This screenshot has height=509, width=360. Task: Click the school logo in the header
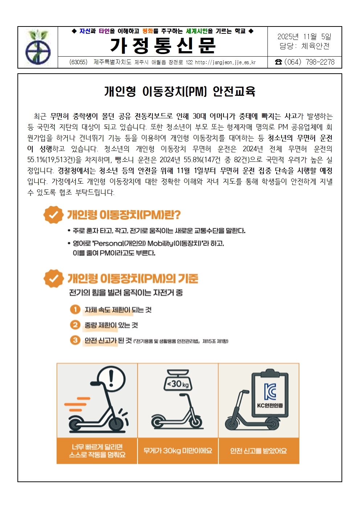38,47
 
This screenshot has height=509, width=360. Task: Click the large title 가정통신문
163,46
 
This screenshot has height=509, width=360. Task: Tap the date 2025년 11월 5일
304,37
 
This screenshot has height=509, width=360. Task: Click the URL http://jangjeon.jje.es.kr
225,62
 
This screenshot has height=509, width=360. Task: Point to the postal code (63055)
78,62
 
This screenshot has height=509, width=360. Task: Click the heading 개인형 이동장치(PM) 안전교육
180,91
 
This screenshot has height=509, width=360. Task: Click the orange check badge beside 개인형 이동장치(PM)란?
53,215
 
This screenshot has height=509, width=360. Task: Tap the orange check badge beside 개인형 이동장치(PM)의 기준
53,279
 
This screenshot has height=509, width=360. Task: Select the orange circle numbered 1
75,309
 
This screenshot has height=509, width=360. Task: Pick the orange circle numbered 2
75,325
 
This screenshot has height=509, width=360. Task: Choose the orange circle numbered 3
75,340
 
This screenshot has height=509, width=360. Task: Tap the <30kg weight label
178,384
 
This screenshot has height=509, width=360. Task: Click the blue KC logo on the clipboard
270,391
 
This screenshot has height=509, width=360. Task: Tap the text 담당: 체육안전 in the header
304,46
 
